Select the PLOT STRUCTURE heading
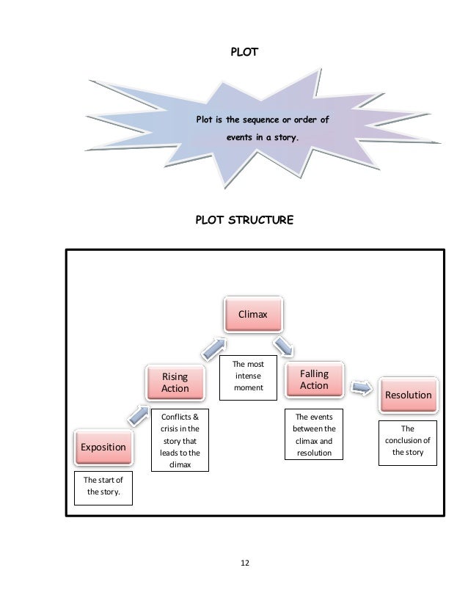coord(244,219)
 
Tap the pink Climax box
coord(252,315)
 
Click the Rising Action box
coord(175,382)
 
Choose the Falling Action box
coord(314,379)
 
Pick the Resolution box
coord(408,395)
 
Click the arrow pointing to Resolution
coord(360,386)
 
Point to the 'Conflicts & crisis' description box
coord(179,440)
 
